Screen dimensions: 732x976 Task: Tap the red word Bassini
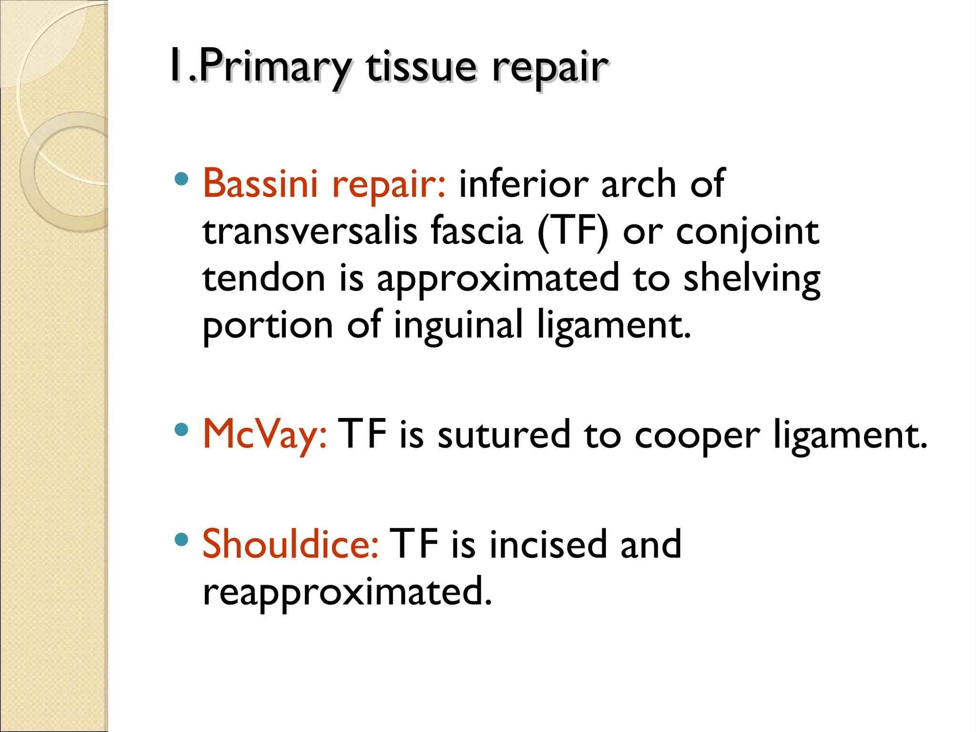pos(260,183)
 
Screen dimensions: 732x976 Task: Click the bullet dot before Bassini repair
pos(182,179)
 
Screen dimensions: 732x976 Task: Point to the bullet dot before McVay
pos(182,430)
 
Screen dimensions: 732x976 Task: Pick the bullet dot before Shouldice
pos(182,539)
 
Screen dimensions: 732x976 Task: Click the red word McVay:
pos(265,434)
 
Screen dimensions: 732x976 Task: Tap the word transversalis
pos(310,231)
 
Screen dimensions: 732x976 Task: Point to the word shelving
pos(752,279)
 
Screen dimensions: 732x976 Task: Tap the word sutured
pos(504,434)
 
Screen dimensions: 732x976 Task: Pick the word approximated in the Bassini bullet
pos(498,279)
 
